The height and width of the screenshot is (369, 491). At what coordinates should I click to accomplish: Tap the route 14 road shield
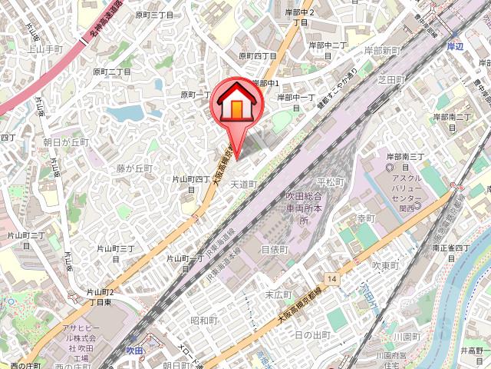[331, 278]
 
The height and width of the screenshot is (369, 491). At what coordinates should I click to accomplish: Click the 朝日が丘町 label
[66, 142]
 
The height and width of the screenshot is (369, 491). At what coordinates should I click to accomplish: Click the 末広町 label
[275, 294]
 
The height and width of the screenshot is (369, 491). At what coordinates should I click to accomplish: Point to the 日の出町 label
[312, 335]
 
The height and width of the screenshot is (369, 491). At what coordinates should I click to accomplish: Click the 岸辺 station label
[456, 47]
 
